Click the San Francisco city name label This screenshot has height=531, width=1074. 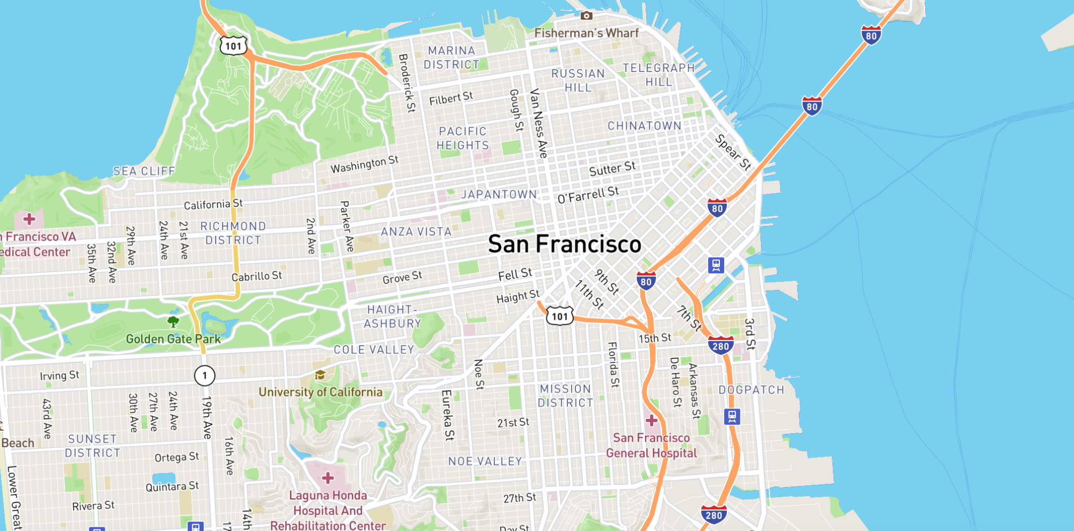[x=564, y=244]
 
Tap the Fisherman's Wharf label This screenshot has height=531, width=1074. [x=586, y=33]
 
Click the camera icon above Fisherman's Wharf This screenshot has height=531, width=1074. [x=586, y=16]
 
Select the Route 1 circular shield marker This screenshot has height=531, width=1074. [x=204, y=375]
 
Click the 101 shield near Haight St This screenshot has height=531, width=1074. [x=560, y=316]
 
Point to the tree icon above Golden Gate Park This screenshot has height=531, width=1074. [x=173, y=322]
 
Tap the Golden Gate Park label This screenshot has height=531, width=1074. [x=173, y=339]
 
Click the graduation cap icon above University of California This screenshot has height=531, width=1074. [x=320, y=375]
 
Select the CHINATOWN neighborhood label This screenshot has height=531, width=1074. [x=644, y=126]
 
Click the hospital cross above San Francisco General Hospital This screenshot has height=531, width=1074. [x=651, y=420]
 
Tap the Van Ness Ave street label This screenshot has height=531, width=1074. [x=538, y=123]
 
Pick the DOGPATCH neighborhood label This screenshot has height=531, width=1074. [x=751, y=390]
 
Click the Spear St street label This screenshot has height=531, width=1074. [x=733, y=152]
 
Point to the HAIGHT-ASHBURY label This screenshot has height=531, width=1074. [x=392, y=317]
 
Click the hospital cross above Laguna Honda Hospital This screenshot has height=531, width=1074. [x=328, y=478]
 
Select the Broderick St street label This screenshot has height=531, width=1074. [x=407, y=83]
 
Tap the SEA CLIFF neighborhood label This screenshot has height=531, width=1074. [x=144, y=171]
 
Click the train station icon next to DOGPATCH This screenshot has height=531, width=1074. [x=732, y=417]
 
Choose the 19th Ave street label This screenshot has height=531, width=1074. [x=207, y=418]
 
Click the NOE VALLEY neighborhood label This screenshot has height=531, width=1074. [x=485, y=461]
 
